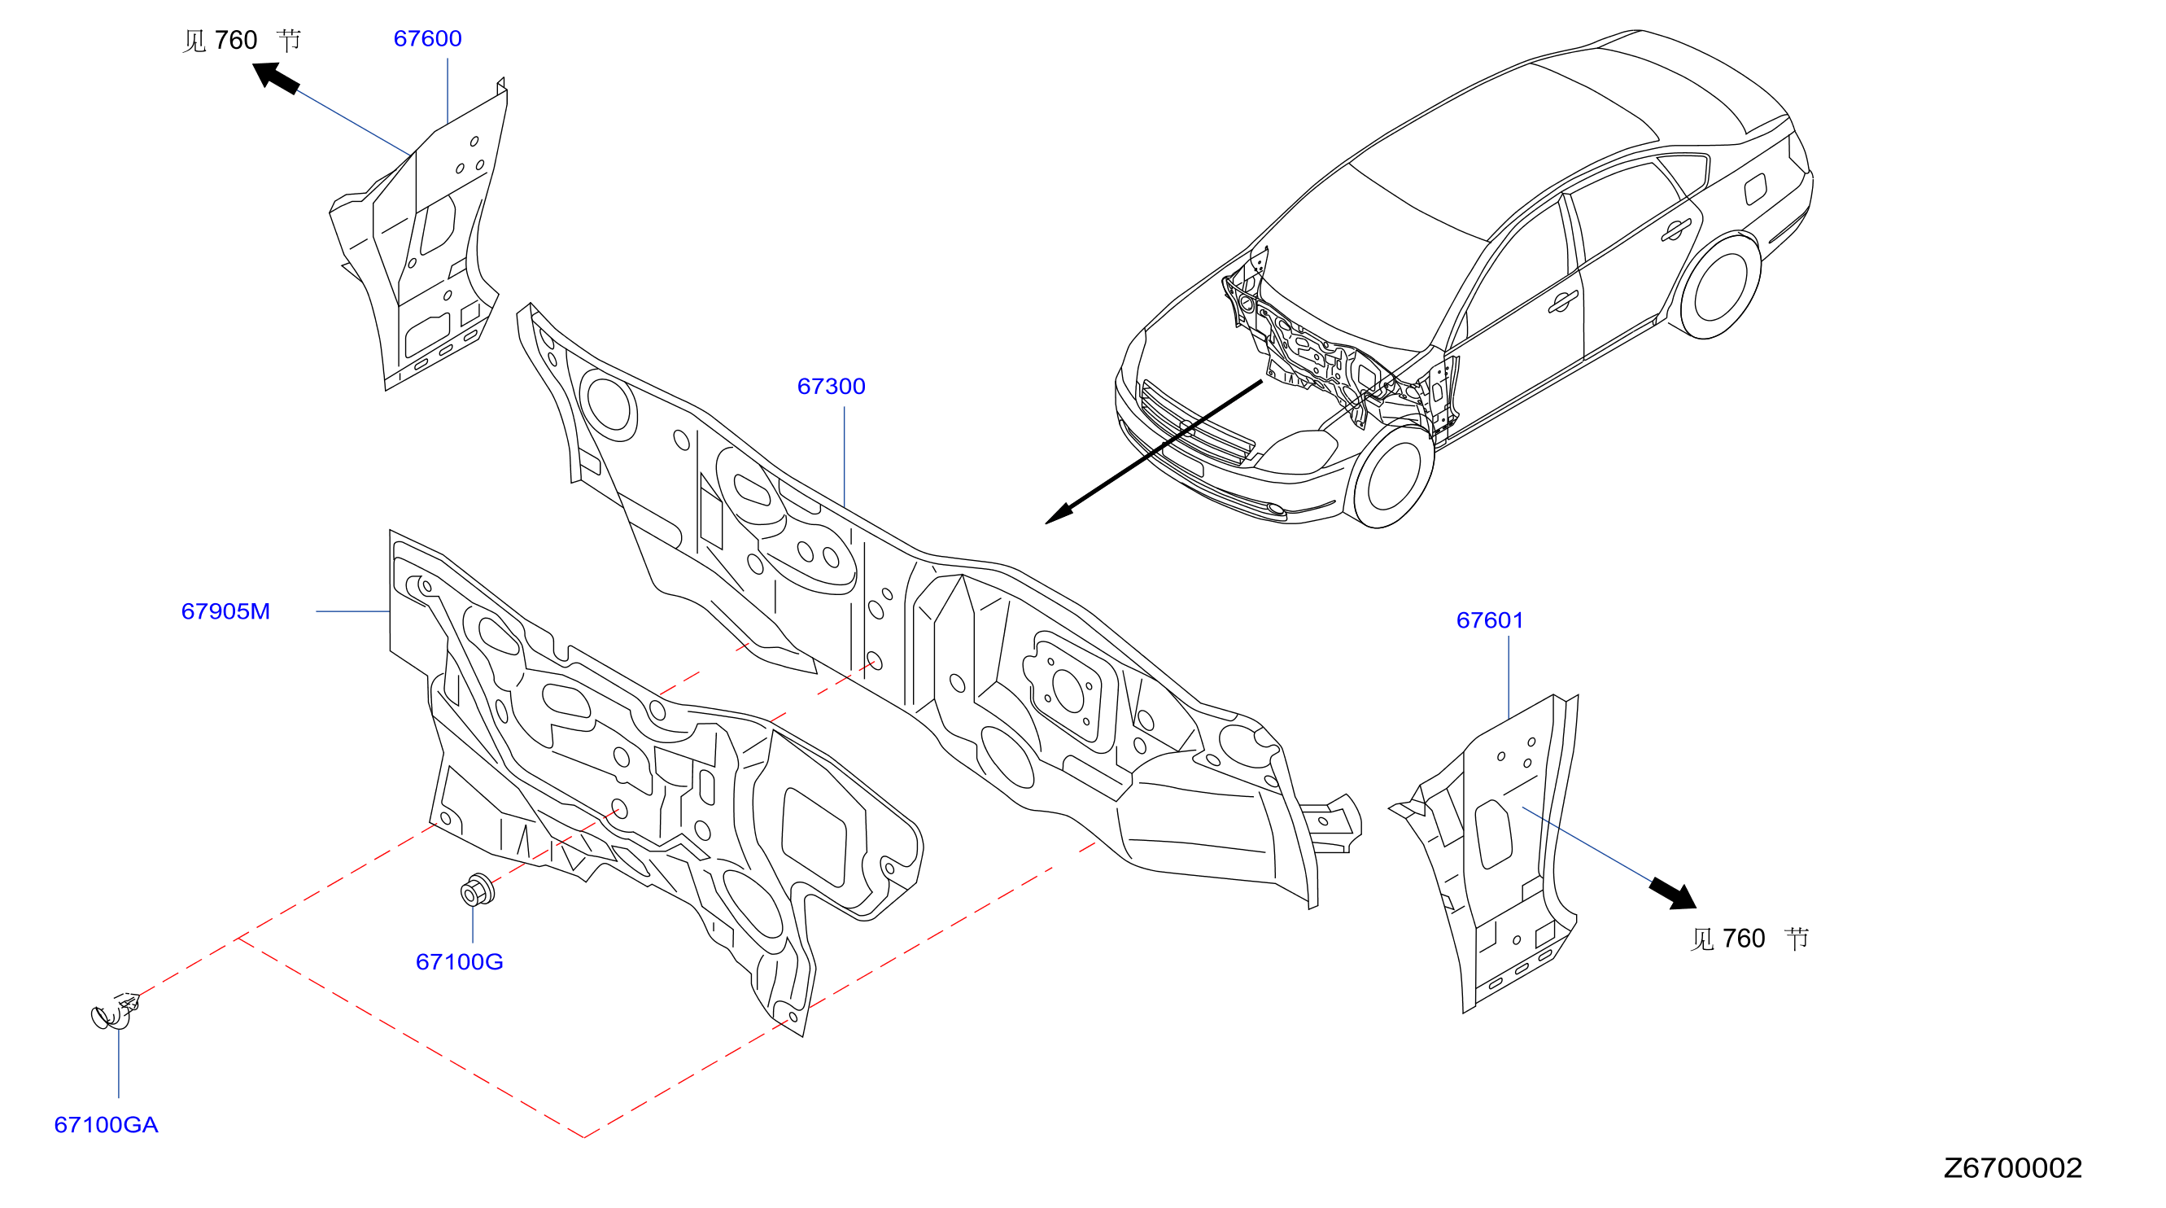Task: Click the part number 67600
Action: coord(427,39)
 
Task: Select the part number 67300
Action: coord(831,386)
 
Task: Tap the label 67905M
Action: coord(225,611)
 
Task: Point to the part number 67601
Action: coord(1489,620)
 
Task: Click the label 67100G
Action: coord(459,961)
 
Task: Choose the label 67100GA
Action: coord(106,1125)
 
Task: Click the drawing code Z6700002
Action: coord(2012,1167)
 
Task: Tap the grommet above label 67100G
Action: coord(478,890)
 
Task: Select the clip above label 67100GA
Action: coord(115,1011)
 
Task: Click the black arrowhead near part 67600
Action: coord(275,77)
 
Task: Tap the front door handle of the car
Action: coord(1563,301)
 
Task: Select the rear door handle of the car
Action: coord(1676,229)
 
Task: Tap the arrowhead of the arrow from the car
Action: coord(1059,513)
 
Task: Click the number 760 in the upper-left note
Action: coord(236,41)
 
